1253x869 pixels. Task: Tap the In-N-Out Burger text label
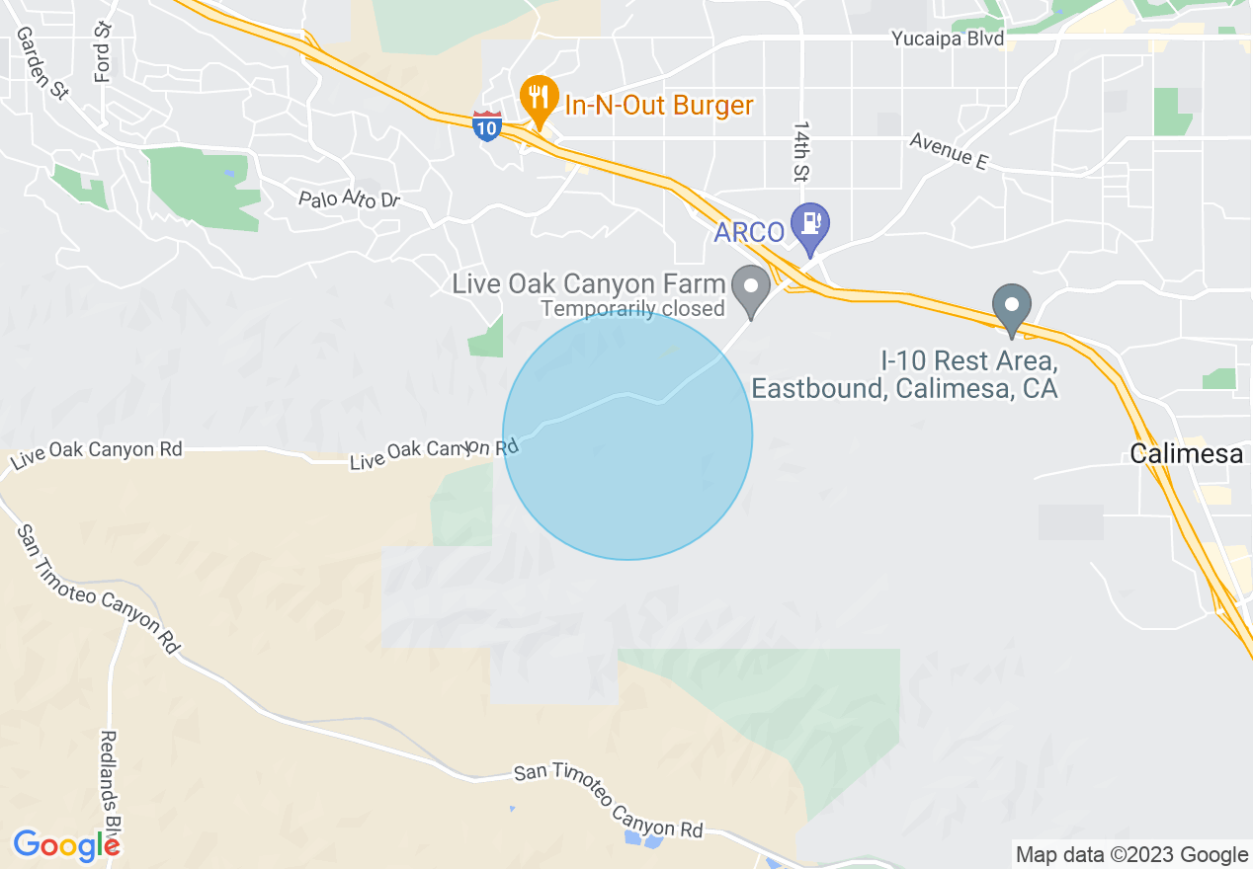[658, 106]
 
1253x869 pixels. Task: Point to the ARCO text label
[750, 233]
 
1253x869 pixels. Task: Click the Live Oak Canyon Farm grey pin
[751, 288]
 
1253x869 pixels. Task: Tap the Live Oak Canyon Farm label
[589, 284]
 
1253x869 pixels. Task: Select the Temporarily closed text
[632, 309]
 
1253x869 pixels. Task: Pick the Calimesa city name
[1186, 454]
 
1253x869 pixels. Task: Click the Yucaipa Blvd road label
[948, 39]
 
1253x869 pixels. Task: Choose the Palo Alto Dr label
[349, 200]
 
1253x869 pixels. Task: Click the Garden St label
[42, 62]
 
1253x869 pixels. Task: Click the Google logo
[65, 845]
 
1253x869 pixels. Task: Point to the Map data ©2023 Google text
[1132, 855]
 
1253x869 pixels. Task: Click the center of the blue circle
[627, 435]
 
